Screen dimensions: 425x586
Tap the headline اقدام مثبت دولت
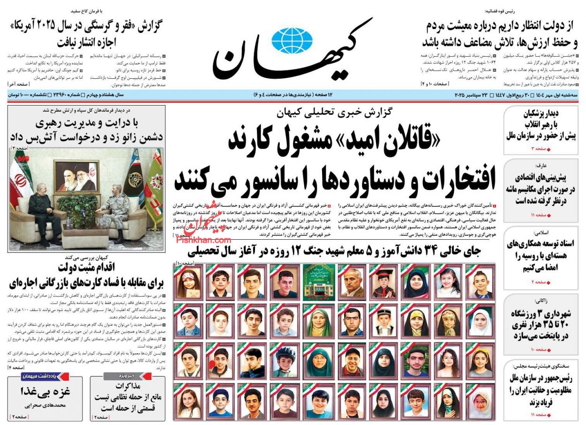click(x=85, y=268)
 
